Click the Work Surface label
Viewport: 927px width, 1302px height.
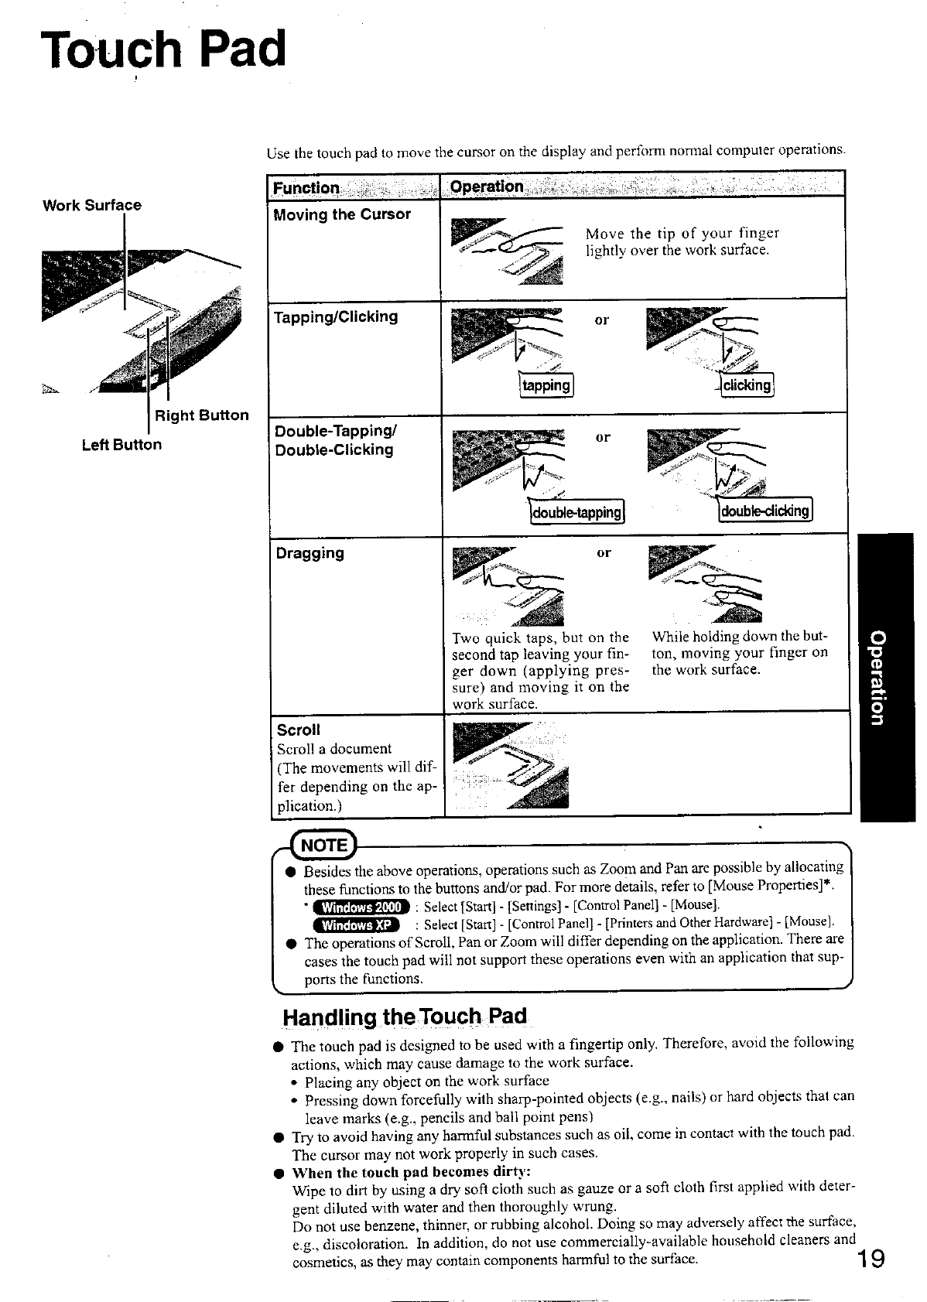pos(92,205)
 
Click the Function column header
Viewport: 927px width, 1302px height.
pos(306,188)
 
